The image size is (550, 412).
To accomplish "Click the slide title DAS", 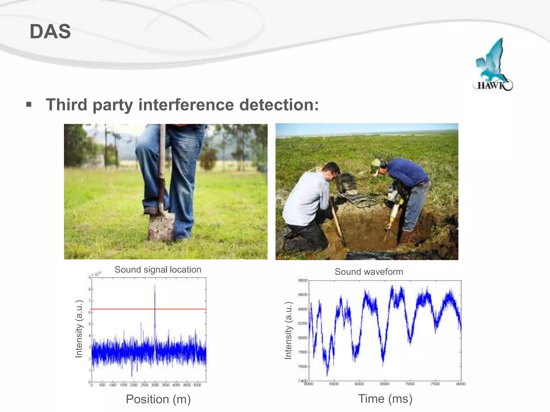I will (x=50, y=31).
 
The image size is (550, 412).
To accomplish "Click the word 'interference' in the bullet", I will (x=186, y=105).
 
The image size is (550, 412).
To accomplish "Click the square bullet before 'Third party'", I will (x=29, y=104).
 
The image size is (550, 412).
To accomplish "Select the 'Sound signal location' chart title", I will (x=158, y=270).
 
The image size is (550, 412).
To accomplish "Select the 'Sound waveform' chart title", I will (x=369, y=272).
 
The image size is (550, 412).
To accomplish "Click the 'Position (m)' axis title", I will (x=158, y=399).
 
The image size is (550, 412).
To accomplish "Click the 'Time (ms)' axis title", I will (x=385, y=399).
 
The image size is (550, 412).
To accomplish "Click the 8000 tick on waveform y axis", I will (x=303, y=338).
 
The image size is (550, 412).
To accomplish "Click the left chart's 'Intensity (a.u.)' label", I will (x=79, y=329).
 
